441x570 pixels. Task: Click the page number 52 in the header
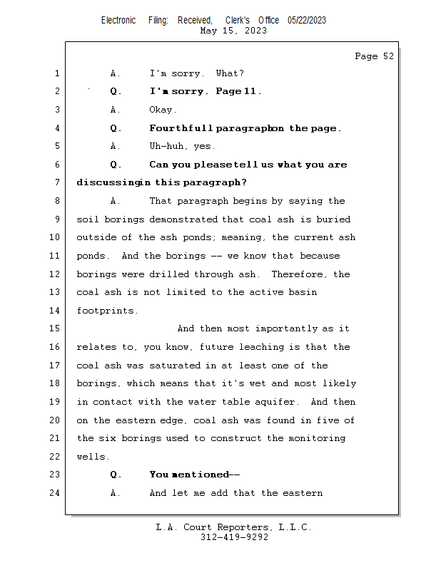pos(387,56)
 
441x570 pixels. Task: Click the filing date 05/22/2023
pos(307,21)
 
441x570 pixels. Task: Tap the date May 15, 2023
pos(234,31)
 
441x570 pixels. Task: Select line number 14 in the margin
pos(56,311)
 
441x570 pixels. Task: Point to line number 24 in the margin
pos(56,493)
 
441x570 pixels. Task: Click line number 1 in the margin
pos(56,73)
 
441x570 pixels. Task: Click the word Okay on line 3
pos(161,110)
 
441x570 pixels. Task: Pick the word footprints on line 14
pos(107,311)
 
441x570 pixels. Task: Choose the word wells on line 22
pos(91,457)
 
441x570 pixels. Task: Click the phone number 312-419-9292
pos(234,537)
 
